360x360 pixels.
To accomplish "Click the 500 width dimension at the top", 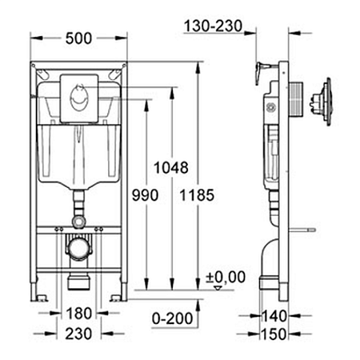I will click(78, 38).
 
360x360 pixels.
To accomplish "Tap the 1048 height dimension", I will click(173, 168).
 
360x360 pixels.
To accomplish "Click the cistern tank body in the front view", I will click(78, 160).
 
